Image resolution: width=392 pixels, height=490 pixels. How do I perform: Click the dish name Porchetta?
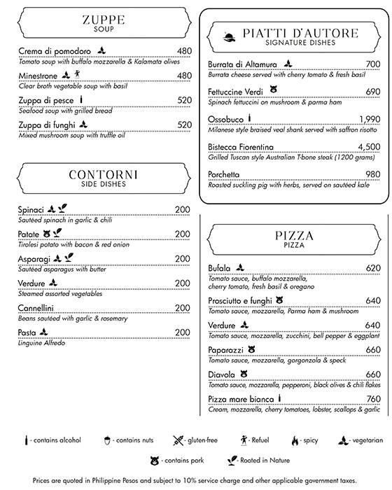(224, 174)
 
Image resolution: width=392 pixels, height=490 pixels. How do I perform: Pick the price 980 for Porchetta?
(372, 174)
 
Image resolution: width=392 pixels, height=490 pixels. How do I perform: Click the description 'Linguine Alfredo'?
(41, 342)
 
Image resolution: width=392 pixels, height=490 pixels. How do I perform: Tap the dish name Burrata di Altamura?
(242, 64)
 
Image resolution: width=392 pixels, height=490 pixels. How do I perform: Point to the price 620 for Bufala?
(372, 268)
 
